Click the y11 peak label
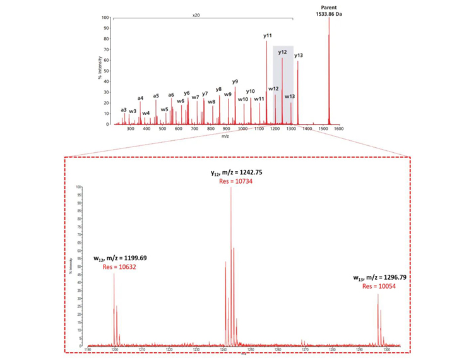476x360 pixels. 268,36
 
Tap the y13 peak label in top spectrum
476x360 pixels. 299,56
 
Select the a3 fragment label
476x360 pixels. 124,110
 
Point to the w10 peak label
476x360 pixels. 243,99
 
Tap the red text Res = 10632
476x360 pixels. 119,267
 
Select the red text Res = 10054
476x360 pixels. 378,286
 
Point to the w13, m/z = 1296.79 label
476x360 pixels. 378,277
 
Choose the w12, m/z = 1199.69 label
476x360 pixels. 119,258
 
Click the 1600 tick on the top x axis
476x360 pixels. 338,129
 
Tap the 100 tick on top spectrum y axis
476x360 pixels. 105,18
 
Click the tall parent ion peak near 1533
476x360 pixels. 329,69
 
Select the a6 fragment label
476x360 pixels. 171,95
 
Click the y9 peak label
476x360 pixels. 235,81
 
